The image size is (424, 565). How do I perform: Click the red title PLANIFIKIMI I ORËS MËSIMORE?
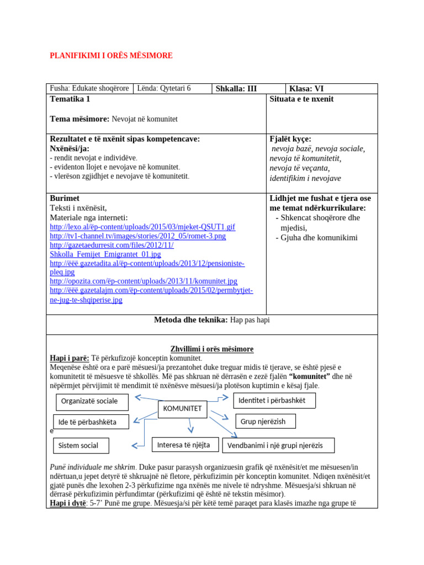point(111,56)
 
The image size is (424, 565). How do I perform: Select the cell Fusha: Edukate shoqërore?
point(89,88)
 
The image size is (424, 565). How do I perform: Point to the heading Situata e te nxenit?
point(301,99)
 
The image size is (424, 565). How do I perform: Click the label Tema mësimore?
point(79,119)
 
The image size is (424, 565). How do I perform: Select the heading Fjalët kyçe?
point(290,139)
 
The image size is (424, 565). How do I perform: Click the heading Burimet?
point(65,198)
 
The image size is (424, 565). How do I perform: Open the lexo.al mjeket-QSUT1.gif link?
point(142,227)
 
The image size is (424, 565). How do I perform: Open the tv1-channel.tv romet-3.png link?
point(137,236)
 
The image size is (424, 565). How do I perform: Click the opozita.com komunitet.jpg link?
point(144,281)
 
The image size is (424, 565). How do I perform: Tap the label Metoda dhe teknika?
point(190,320)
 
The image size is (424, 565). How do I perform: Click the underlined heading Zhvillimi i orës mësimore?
point(212,349)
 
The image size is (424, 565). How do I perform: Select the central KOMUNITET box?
point(183,409)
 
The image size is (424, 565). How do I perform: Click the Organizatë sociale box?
point(92,402)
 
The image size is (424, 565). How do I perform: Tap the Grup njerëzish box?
point(266,422)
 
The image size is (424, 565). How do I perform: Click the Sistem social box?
point(81,445)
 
